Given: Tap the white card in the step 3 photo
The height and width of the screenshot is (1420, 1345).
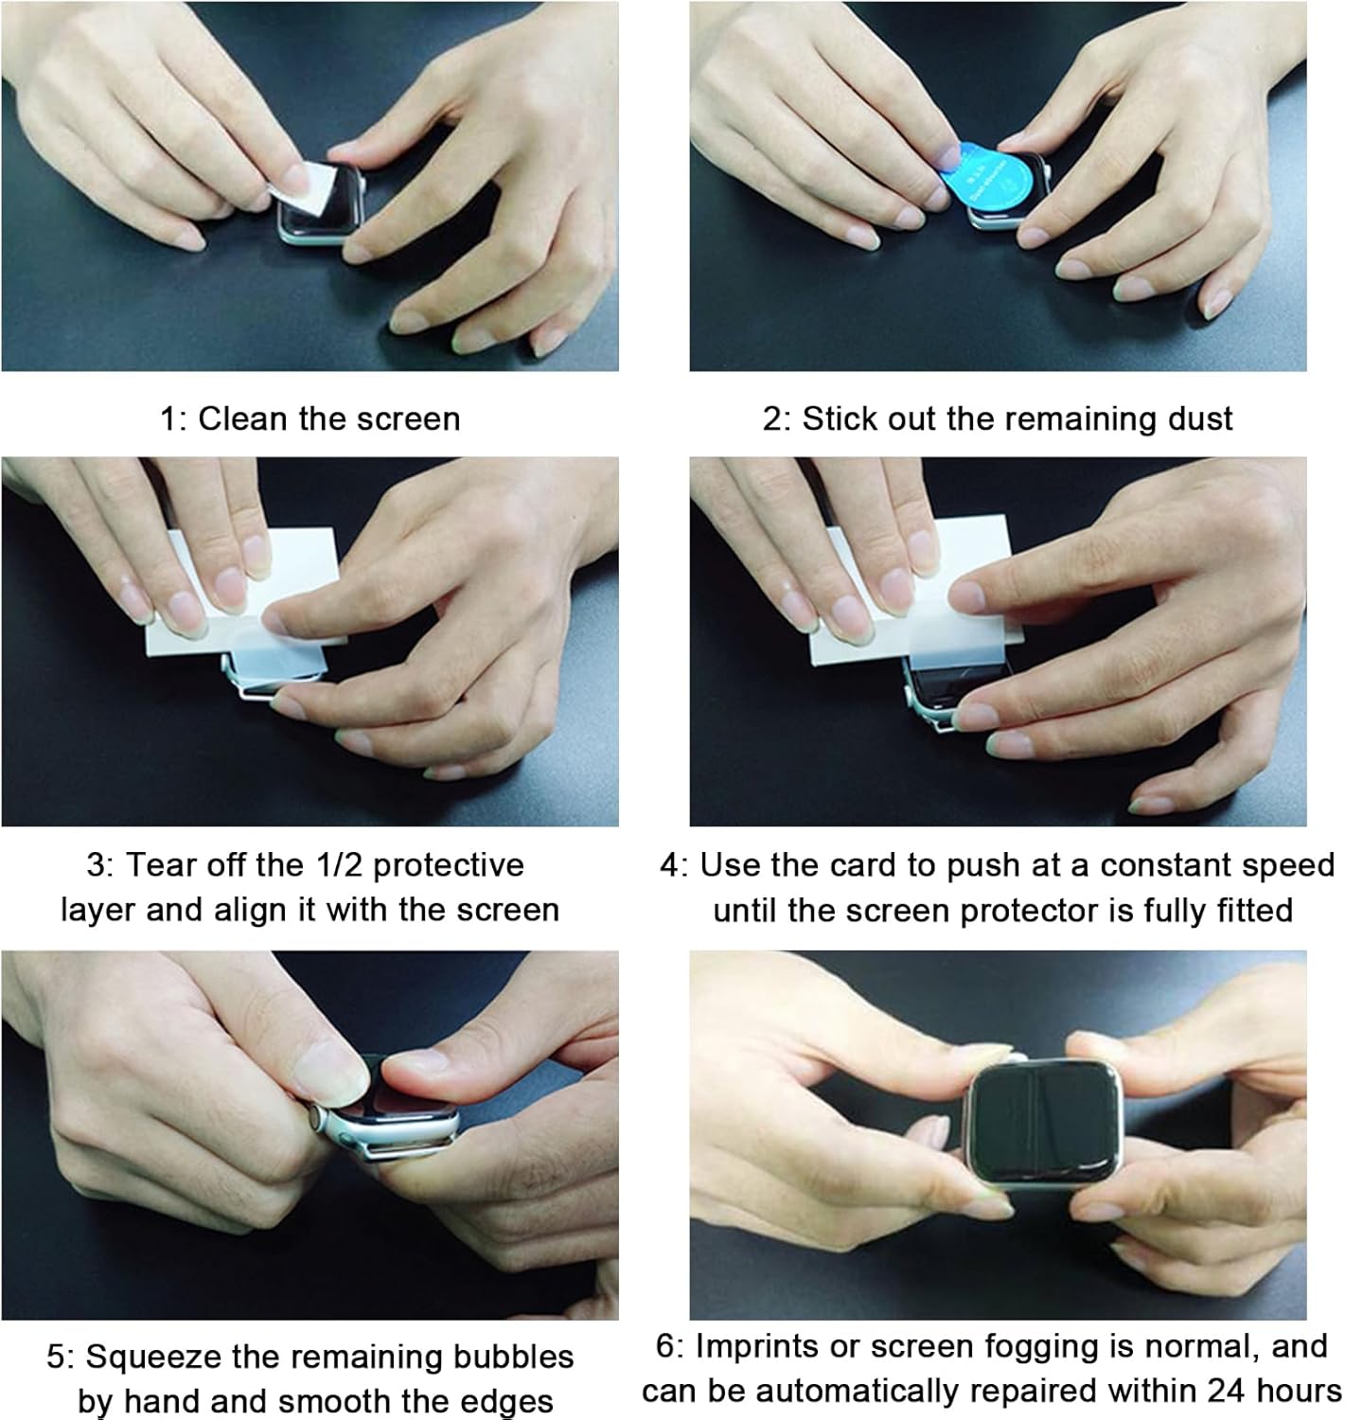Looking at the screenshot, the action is tap(245, 593).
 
